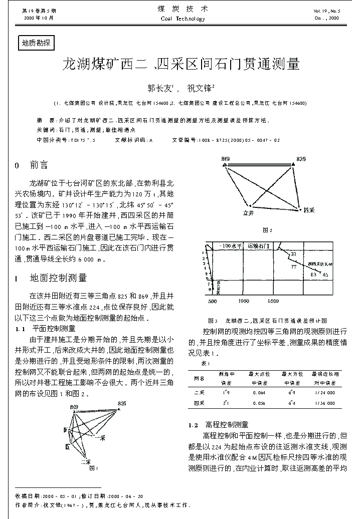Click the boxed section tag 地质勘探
click(x=36, y=43)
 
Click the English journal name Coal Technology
click(x=183, y=19)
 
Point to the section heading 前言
click(x=39, y=165)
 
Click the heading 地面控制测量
click(x=58, y=278)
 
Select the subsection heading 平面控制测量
click(x=54, y=329)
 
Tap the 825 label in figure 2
click(x=300, y=159)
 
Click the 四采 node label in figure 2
click(x=309, y=209)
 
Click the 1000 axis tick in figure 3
click(x=244, y=301)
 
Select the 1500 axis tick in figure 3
click(x=273, y=301)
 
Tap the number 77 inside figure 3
click(x=293, y=266)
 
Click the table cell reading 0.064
click(x=259, y=392)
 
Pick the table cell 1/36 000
click(x=325, y=403)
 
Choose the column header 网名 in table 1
click(x=199, y=378)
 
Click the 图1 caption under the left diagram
click(x=93, y=469)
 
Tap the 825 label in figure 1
click(x=122, y=403)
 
